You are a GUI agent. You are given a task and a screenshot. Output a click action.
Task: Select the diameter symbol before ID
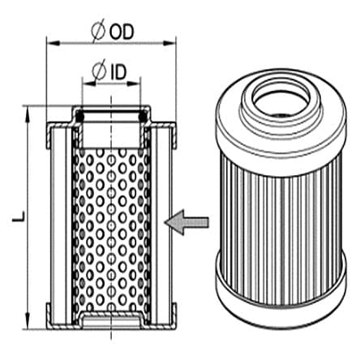(101, 74)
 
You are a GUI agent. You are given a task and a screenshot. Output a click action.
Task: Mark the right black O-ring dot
(144, 118)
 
